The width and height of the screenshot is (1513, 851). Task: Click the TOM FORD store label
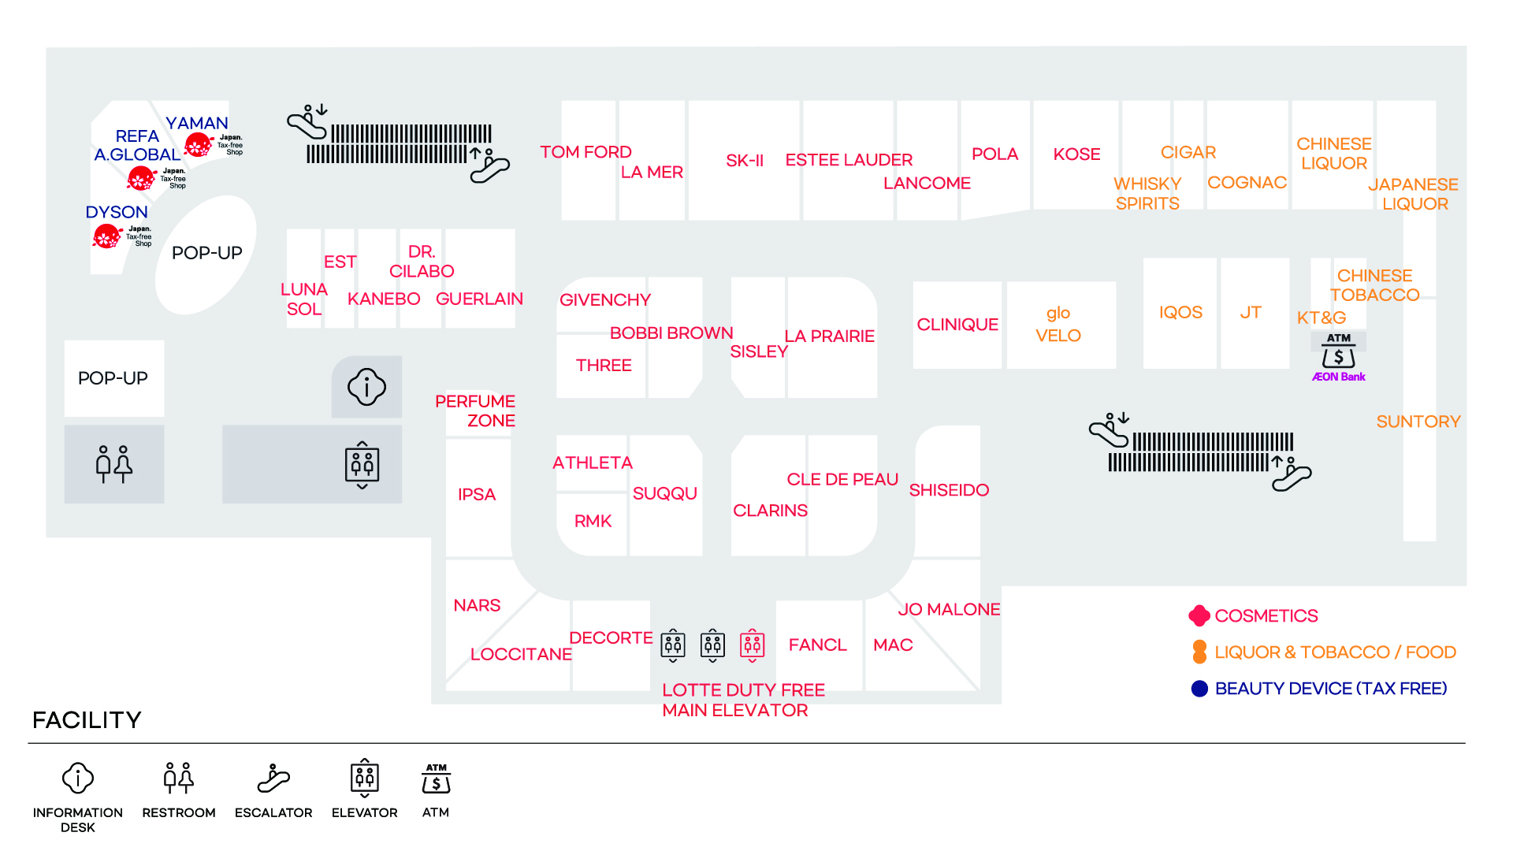point(585,152)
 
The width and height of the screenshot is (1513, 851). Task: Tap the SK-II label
point(745,161)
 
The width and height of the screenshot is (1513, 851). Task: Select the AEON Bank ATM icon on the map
point(1338,351)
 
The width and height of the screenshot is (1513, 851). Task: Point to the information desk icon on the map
point(366,386)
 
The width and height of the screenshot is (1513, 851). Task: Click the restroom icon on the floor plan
point(113,464)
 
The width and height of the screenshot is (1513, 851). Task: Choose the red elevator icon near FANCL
point(753,645)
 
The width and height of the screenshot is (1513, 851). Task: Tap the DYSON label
point(117,212)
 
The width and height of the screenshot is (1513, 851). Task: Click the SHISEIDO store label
point(949,490)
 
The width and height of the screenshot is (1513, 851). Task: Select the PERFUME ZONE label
point(475,411)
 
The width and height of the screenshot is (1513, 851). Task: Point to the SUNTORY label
point(1418,422)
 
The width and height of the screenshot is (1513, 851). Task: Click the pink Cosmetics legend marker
point(1199,615)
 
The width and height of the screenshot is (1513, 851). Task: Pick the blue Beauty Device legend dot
point(1199,689)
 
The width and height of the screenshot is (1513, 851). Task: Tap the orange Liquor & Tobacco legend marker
point(1199,652)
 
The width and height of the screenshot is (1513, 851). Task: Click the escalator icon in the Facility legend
point(273,779)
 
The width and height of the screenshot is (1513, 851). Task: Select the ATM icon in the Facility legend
point(436,779)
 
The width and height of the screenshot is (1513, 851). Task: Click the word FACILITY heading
point(87,720)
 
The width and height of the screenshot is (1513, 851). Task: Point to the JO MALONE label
point(949,609)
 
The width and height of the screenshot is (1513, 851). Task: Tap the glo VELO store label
point(1058,324)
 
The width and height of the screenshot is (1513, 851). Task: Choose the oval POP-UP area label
point(207,253)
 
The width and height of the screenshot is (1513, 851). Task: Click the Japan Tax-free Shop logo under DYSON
point(122,236)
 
